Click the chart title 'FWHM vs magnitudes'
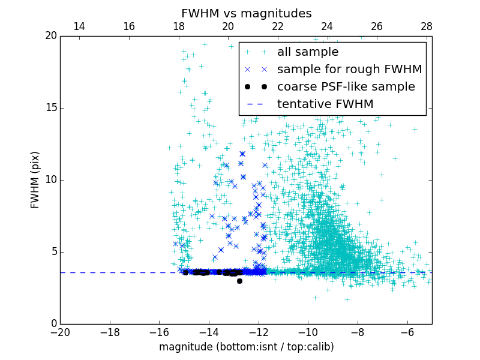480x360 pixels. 246,13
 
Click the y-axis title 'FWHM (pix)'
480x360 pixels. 35,179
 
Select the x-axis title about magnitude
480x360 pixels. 246,347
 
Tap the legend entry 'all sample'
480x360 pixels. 308,52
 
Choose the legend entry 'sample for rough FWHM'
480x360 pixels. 349,70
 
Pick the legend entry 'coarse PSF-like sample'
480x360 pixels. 346,87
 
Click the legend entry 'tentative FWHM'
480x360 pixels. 325,104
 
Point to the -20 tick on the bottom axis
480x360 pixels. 60,332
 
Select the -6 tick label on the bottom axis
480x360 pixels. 407,332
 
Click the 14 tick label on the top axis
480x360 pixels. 79,26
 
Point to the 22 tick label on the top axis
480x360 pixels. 277,26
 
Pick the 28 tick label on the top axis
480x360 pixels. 427,26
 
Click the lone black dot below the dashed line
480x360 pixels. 239,281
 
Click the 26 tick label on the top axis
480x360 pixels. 377,26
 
